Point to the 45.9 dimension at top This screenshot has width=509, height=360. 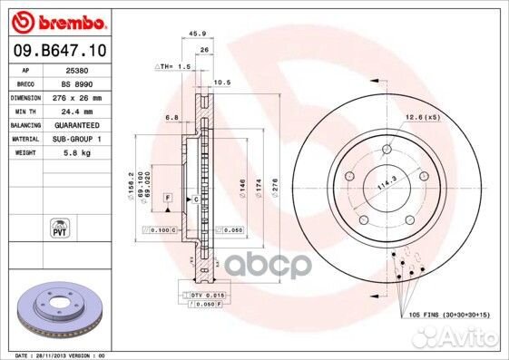coord(193,35)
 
